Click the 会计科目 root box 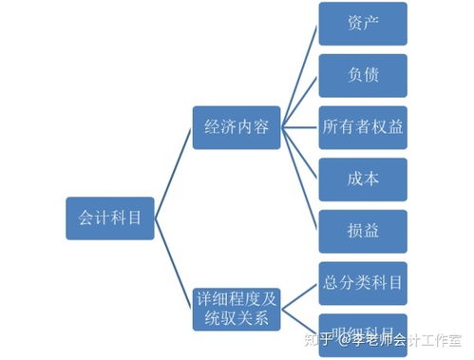pyautogui.click(x=110, y=218)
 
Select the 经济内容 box pyautogui.click(x=236, y=127)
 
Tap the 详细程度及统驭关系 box pyautogui.click(x=236, y=307)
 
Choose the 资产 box pyautogui.click(x=363, y=24)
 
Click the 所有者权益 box pyautogui.click(x=363, y=127)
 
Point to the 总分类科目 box pyautogui.click(x=363, y=283)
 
